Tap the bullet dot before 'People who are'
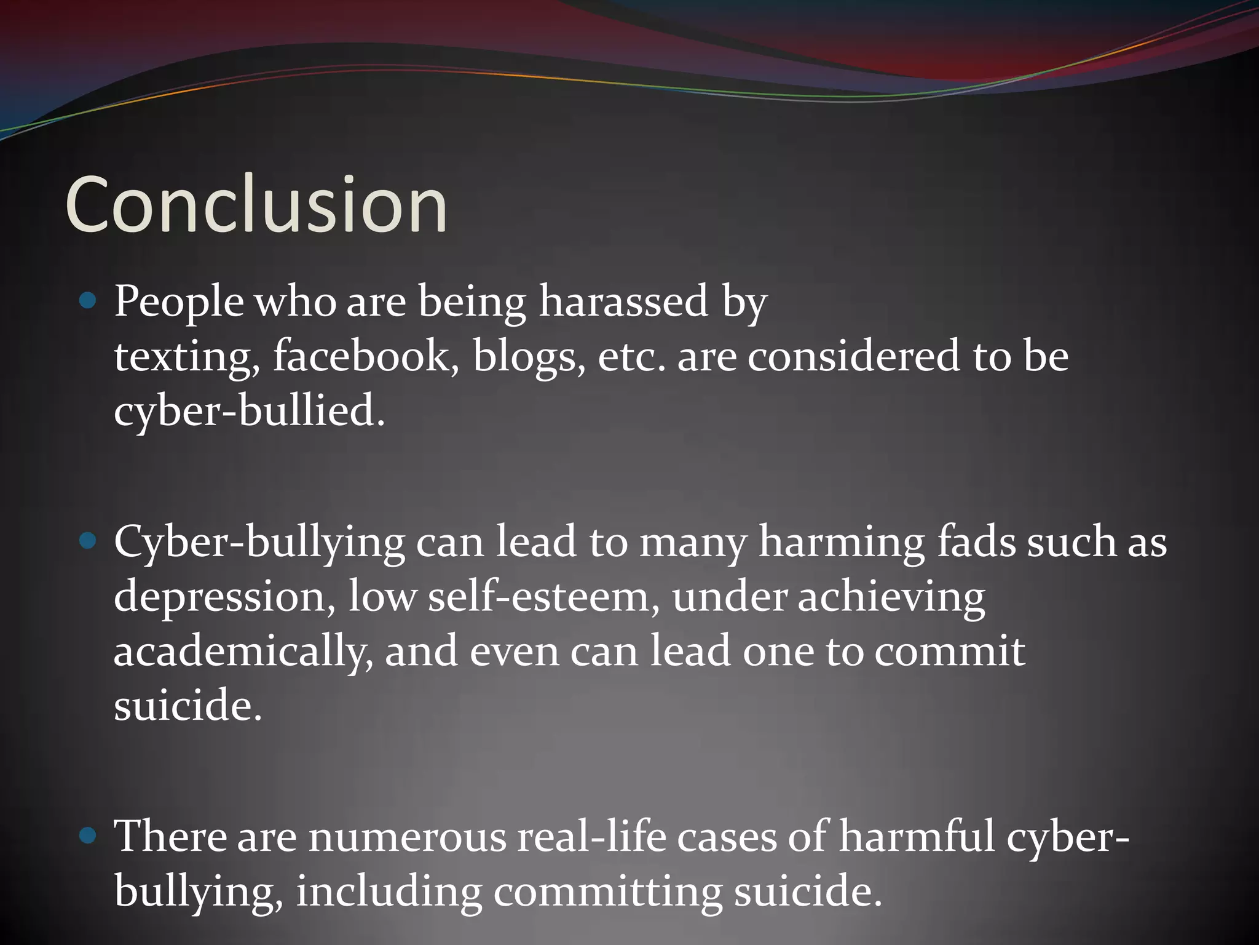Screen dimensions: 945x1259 click(89, 301)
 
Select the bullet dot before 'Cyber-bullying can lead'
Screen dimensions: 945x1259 click(89, 541)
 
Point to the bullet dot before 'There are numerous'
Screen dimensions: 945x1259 click(89, 835)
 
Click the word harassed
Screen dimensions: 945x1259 click(623, 301)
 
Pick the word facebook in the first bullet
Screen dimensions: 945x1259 click(366, 356)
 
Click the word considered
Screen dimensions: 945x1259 click(853, 356)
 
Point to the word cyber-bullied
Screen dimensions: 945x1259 click(249, 411)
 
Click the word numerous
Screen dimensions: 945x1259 click(407, 837)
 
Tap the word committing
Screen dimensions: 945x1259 click(607, 891)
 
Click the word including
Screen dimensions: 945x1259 click(389, 891)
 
